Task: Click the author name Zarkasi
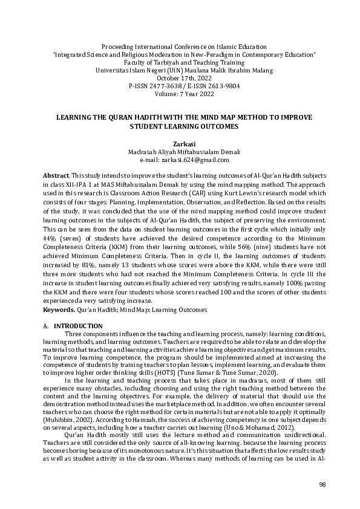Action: point(180,144)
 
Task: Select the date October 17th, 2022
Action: point(180,78)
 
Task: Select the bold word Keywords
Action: point(59,310)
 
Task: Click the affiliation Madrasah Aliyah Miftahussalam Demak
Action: point(180,152)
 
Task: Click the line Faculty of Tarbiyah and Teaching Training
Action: point(180,62)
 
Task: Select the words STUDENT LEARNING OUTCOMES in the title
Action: point(180,127)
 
